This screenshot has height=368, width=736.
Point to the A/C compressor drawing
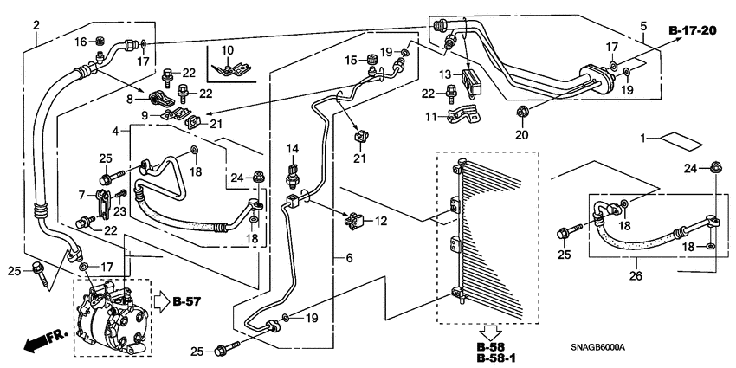113,318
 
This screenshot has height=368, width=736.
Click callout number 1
644,139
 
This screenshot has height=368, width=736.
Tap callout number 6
349,258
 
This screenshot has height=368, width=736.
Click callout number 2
36,24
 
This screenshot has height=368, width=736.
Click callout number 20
520,134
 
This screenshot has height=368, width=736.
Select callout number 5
642,25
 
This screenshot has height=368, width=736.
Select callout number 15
352,60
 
